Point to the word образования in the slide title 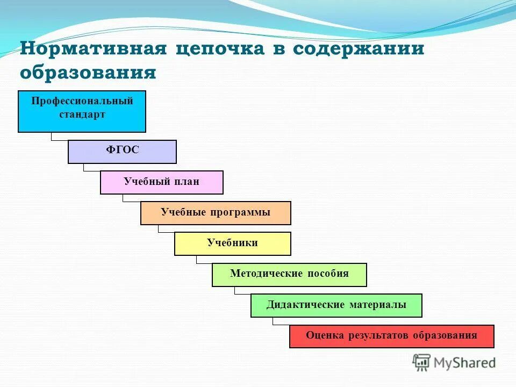point(88,73)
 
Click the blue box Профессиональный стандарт point(82,112)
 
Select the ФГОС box point(122,152)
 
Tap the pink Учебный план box point(161,182)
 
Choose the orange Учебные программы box point(216,213)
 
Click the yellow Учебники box point(232,243)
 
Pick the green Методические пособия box point(289,274)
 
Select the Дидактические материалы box point(336,305)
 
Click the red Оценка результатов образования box point(391,336)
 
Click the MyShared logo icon point(421,363)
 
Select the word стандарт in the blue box point(82,114)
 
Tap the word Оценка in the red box point(325,335)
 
